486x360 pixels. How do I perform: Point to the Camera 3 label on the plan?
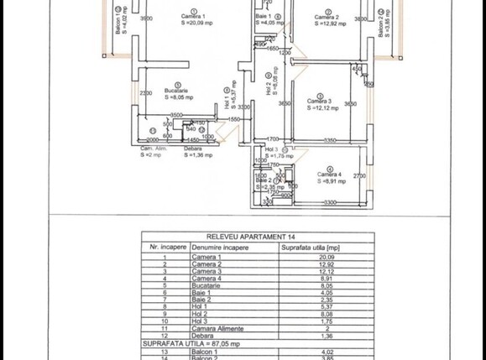point(320,102)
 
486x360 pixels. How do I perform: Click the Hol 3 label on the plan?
point(270,149)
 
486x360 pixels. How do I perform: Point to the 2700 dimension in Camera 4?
point(359,175)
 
